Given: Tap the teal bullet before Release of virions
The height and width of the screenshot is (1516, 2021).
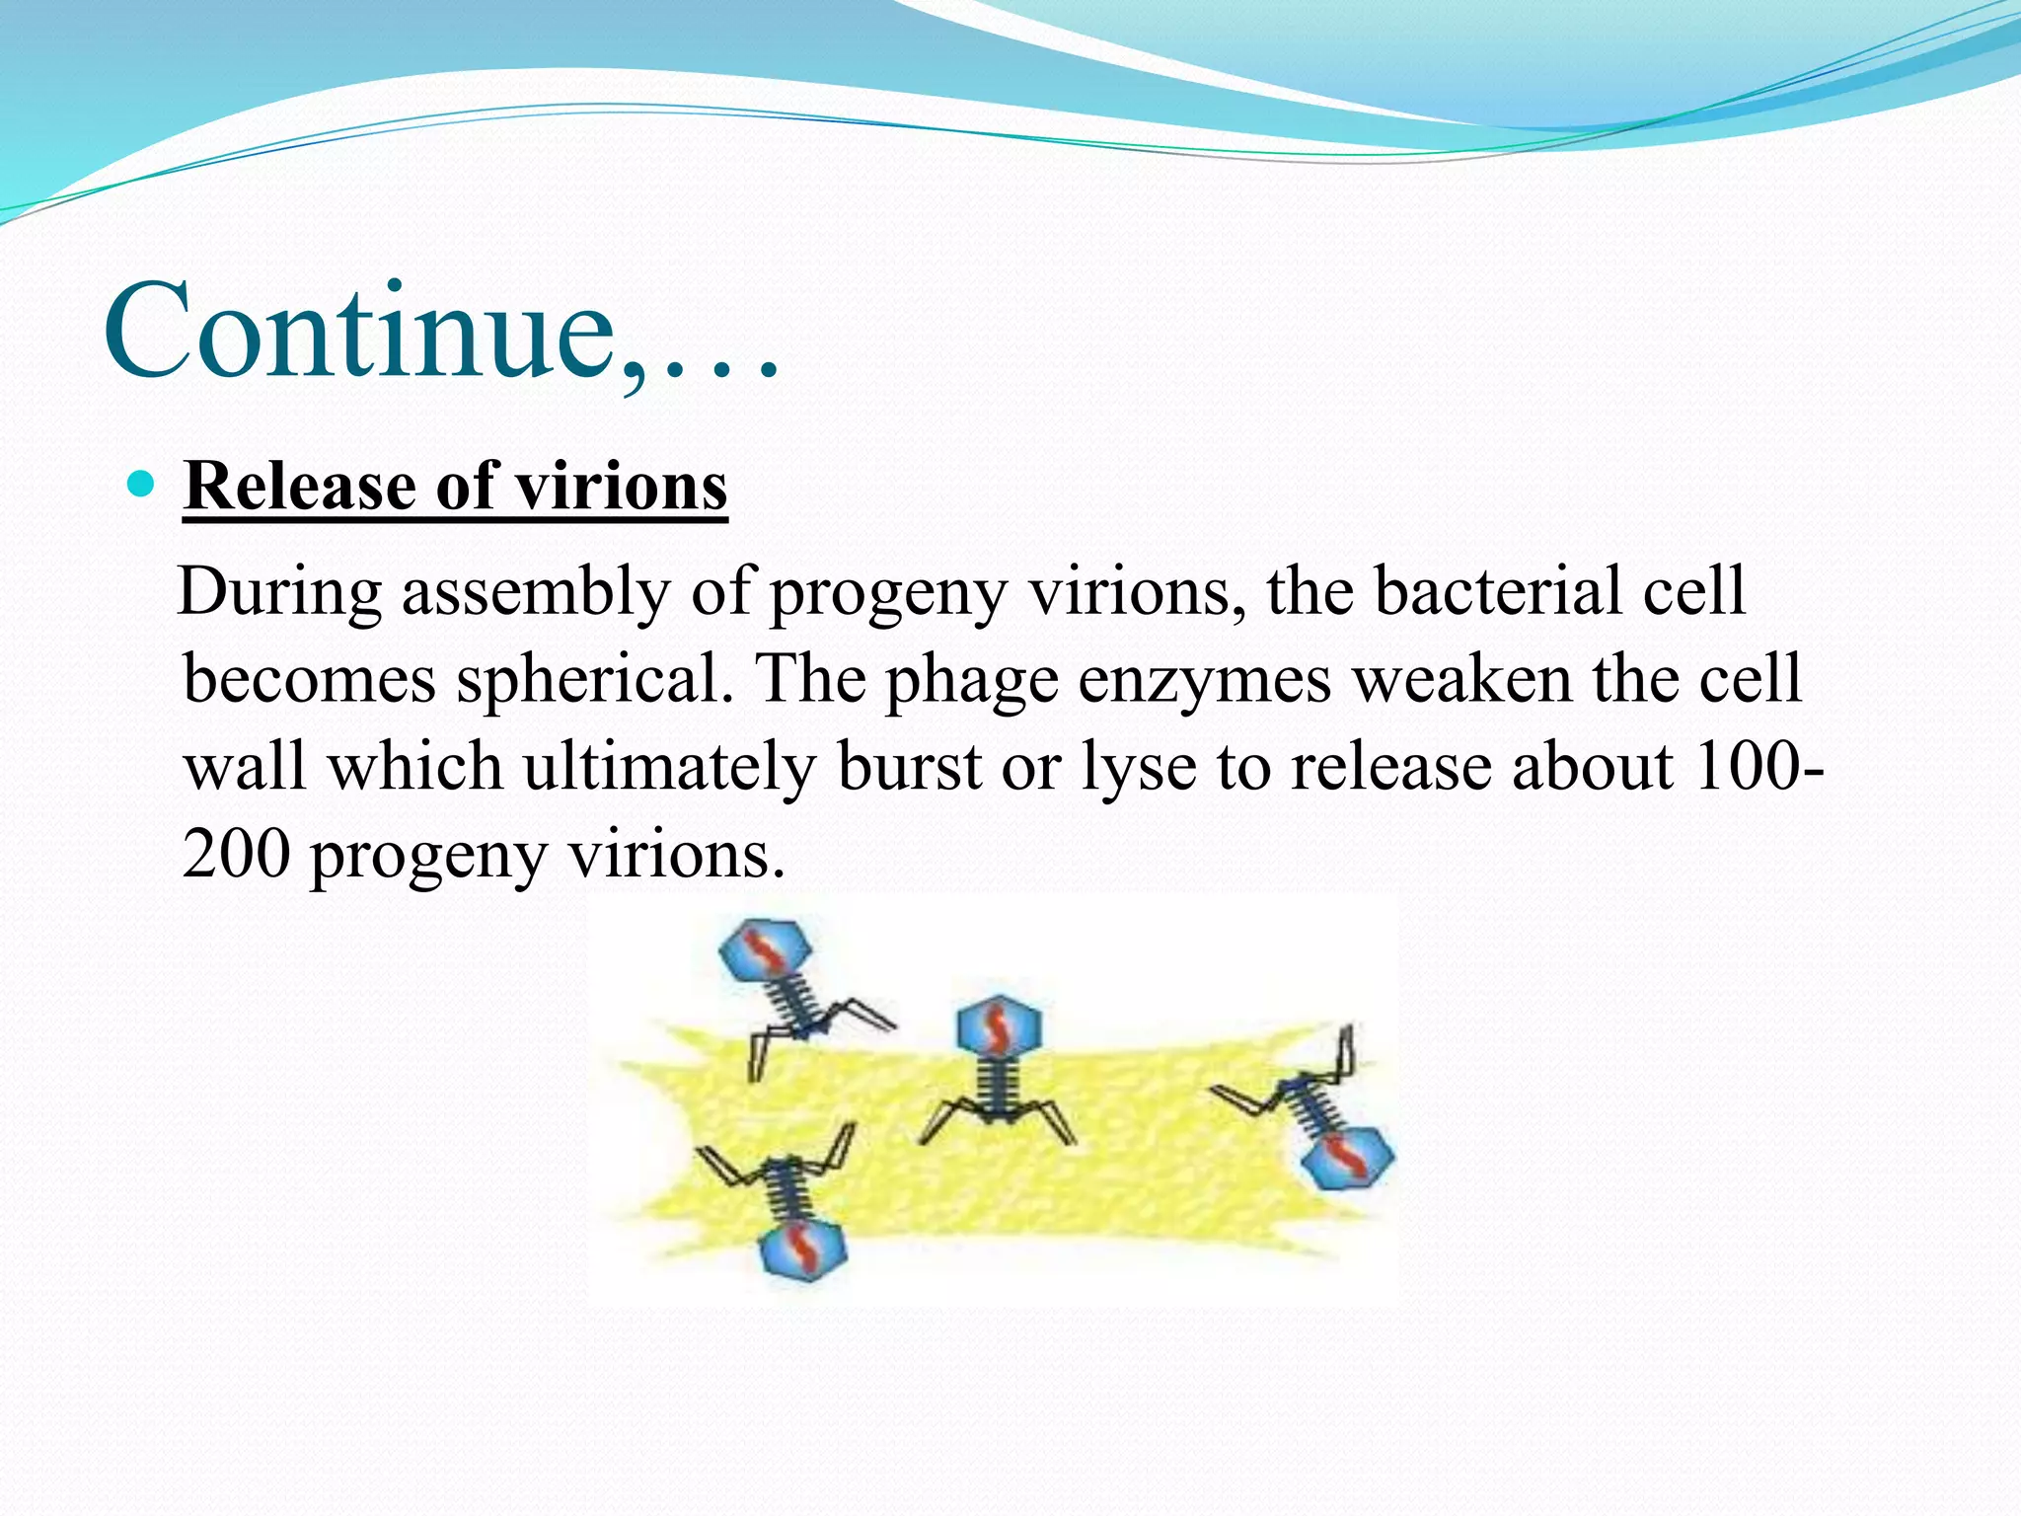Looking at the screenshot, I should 143,484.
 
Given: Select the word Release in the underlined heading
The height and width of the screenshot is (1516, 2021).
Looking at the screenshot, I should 301,487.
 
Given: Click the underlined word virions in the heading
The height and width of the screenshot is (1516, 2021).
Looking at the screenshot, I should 622,487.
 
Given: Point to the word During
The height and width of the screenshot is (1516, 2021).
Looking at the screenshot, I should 281,592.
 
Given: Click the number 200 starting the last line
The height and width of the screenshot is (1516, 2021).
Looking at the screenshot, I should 237,854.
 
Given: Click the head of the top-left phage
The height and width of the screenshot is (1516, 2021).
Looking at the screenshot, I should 766,949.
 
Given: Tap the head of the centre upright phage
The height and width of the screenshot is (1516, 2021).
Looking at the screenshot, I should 999,1027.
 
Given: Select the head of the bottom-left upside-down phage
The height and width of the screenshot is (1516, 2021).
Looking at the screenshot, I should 804,1249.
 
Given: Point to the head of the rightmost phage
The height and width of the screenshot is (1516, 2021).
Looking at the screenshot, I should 1346,1155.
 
